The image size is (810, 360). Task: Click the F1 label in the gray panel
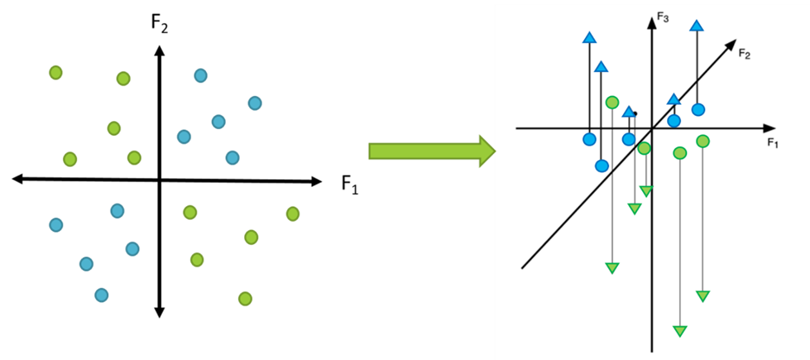pyautogui.click(x=350, y=183)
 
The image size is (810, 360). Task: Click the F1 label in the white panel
pyautogui.click(x=773, y=143)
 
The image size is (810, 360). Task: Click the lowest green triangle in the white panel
pyautogui.click(x=680, y=331)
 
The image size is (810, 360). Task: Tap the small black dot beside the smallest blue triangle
pyautogui.click(x=635, y=113)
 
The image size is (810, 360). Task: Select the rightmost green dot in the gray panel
pyautogui.click(x=292, y=213)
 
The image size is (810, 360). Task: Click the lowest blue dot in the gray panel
pyautogui.click(x=101, y=295)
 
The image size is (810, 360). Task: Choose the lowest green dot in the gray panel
pyautogui.click(x=245, y=299)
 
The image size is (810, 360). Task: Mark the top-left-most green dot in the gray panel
pyautogui.click(x=55, y=73)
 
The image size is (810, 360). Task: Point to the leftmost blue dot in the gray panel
pyautogui.click(x=56, y=225)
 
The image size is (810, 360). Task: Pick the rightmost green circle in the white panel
pyautogui.click(x=703, y=141)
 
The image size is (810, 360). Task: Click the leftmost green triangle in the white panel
pyautogui.click(x=613, y=267)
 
